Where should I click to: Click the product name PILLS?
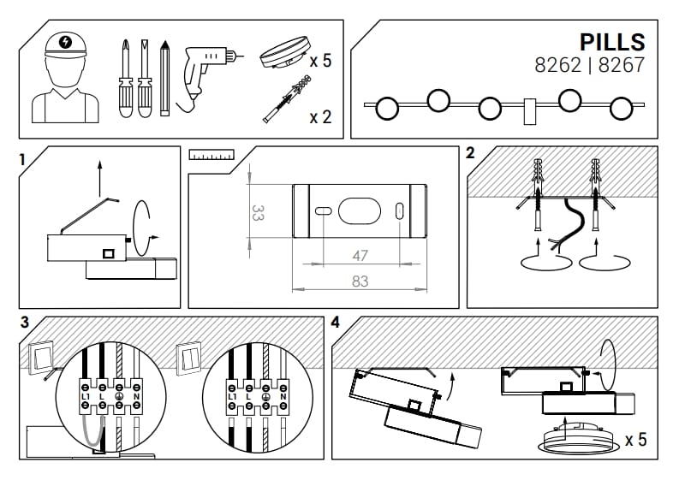611,42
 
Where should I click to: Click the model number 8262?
557,64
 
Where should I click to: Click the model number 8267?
621,64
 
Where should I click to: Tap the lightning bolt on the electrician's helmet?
65,42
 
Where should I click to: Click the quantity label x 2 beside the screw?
320,117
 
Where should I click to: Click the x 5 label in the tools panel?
320,61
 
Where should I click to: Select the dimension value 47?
360,255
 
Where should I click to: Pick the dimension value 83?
360,281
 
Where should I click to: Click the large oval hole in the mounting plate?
360,210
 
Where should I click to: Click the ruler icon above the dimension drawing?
211,156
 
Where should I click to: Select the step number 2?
470,154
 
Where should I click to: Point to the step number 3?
24,323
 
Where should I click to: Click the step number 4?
335,323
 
